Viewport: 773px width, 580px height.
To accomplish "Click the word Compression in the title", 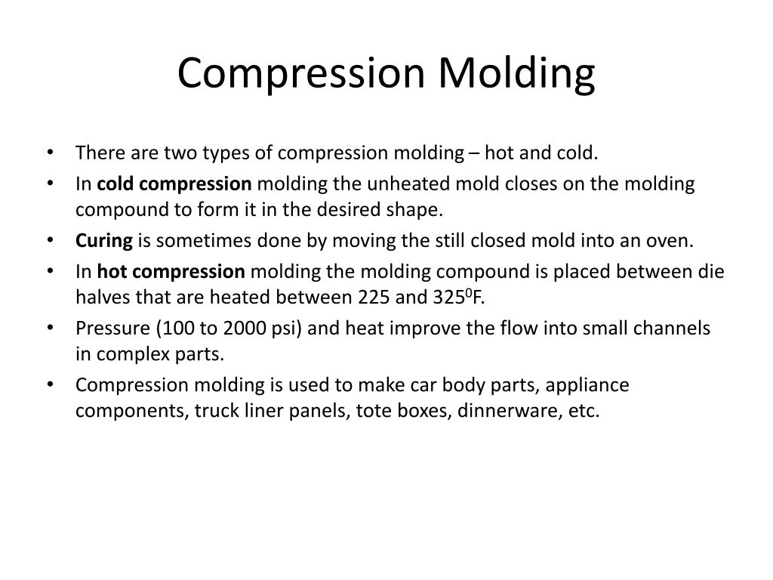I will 303,73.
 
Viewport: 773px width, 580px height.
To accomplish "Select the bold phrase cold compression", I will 174,184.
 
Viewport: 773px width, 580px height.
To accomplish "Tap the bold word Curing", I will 103,241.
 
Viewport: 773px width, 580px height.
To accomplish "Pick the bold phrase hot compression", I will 171,272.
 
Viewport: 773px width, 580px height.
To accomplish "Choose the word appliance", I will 587,385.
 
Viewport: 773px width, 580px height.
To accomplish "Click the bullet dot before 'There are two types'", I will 50,153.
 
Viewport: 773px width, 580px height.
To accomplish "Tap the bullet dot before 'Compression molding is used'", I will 50,385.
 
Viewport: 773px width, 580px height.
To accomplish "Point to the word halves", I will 100,298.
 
